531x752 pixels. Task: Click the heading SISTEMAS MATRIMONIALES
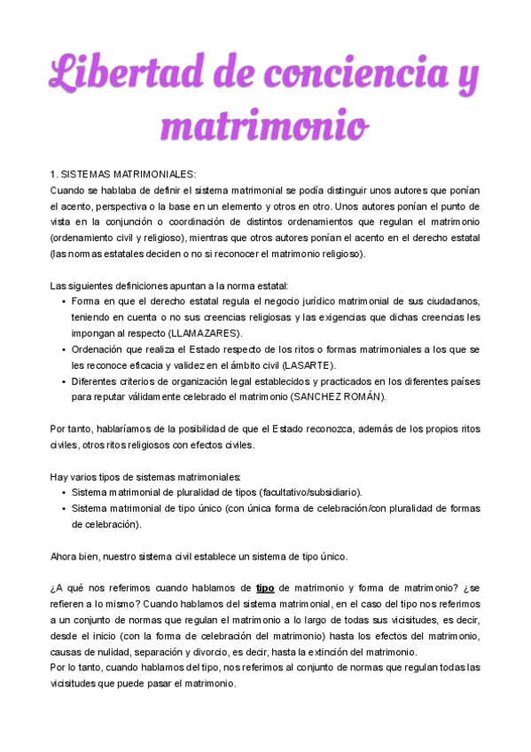tap(129, 174)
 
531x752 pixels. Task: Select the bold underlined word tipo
tap(265, 588)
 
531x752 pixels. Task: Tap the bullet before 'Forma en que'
tap(63, 302)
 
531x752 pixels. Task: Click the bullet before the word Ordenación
tap(63, 349)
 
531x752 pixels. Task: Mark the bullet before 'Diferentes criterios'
tap(63, 381)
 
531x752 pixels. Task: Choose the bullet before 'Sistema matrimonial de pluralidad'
tap(63, 493)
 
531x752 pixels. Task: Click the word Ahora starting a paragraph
tap(65, 556)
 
